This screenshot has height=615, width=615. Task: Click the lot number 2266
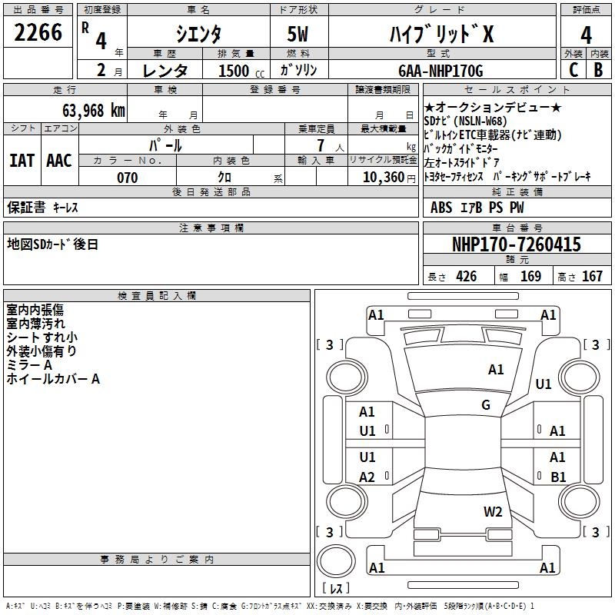38,32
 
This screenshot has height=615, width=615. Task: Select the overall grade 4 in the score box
586,35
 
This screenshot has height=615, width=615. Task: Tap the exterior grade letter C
573,70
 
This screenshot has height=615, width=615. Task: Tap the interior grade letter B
598,70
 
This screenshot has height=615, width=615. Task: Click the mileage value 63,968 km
94,111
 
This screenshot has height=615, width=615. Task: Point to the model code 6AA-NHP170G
440,71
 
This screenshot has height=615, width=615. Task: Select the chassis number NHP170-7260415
516,244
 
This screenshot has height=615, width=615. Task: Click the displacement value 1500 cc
241,71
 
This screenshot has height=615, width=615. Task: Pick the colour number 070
128,178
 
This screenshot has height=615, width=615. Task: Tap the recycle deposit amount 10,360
384,178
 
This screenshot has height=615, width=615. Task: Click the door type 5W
298,34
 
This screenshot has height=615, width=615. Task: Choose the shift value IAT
22,161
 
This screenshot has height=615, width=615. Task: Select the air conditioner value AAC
59,161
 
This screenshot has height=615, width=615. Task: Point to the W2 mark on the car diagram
493,512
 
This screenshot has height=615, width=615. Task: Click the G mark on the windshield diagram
486,405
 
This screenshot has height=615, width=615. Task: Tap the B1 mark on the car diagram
558,477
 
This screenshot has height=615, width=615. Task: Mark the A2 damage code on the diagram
367,477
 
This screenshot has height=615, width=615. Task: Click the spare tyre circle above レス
336,561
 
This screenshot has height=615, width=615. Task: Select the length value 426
467,277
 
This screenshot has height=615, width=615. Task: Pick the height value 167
592,277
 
